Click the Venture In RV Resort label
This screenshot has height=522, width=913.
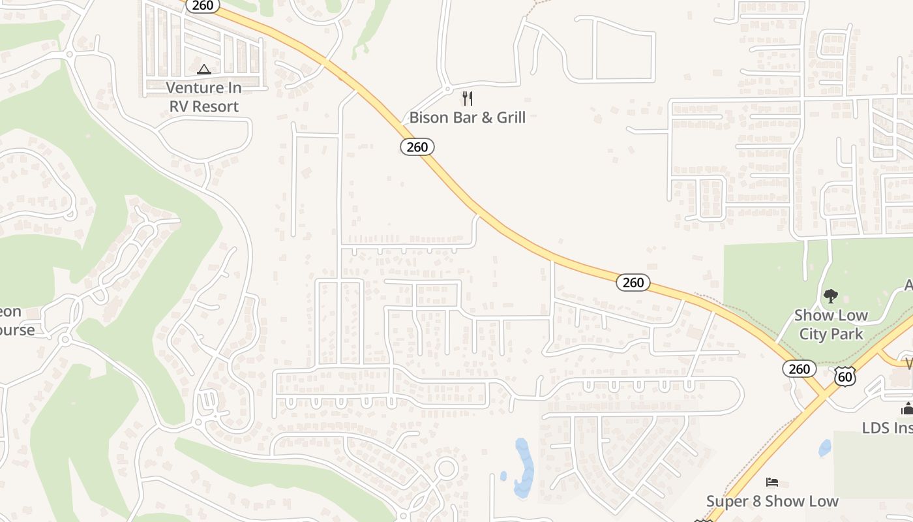204,97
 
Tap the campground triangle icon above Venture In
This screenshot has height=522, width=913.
204,69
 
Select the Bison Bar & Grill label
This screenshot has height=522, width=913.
467,117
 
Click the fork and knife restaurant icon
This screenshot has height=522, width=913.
467,99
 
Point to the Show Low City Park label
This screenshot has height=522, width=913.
831,324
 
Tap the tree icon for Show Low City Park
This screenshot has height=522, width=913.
831,297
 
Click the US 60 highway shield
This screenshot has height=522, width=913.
845,376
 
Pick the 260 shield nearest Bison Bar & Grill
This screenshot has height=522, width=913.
417,147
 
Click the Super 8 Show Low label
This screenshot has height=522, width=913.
772,501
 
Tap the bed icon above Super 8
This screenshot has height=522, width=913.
772,482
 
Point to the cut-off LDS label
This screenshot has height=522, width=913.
887,428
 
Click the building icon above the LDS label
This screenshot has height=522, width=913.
906,409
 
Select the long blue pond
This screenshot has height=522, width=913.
524,467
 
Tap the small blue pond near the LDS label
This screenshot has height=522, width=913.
825,448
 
